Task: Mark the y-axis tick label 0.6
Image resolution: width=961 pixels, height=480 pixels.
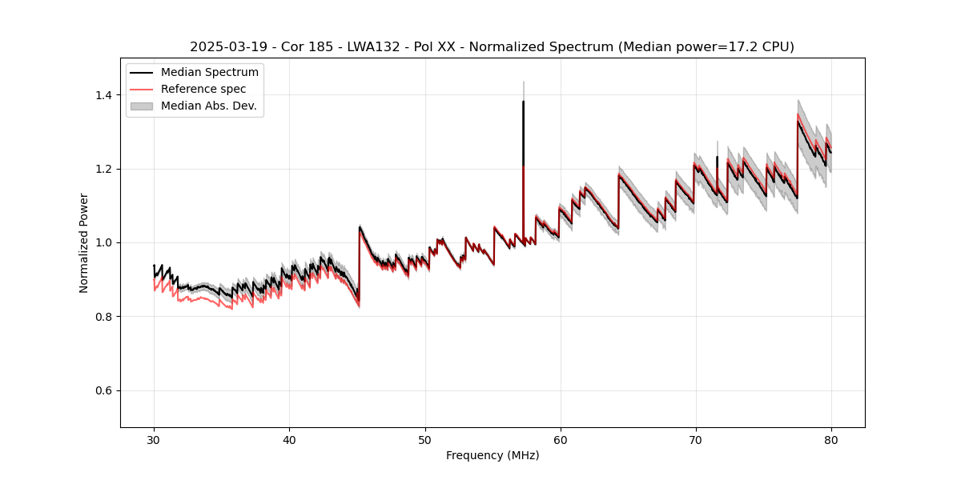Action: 103,390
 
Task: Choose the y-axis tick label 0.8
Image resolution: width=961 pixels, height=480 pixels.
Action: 103,317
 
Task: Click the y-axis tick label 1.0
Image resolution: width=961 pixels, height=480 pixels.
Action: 103,242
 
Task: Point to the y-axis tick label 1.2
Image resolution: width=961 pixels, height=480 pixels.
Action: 103,169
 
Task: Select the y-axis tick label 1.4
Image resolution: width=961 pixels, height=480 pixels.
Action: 103,95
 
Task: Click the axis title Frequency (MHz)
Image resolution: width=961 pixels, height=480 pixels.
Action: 493,455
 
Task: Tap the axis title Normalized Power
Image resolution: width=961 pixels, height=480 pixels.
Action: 84,242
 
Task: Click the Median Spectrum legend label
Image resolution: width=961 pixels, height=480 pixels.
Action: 209,73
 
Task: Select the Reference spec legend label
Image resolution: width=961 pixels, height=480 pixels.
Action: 203,89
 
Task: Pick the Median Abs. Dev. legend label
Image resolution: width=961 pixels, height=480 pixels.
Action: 208,106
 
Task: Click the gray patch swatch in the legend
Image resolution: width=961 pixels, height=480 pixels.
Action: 142,106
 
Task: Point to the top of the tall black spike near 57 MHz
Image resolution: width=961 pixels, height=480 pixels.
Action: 523,101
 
